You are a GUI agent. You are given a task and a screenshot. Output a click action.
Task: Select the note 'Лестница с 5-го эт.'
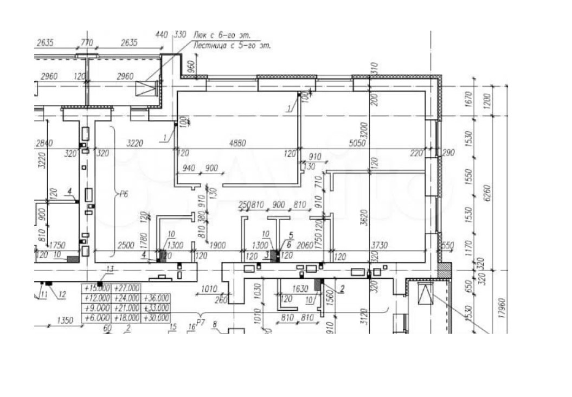pyautogui.click(x=232, y=46)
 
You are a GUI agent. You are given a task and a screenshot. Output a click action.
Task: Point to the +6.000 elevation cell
pyautogui.click(x=97, y=318)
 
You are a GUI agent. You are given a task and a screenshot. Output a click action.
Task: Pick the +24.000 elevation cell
pyautogui.click(x=127, y=298)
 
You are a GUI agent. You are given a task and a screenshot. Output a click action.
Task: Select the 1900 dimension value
pyautogui.click(x=218, y=246)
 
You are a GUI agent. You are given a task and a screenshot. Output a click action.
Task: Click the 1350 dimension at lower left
pyautogui.click(x=65, y=321)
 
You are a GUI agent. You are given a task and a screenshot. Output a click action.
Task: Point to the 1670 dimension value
pyautogui.click(x=469, y=99)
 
